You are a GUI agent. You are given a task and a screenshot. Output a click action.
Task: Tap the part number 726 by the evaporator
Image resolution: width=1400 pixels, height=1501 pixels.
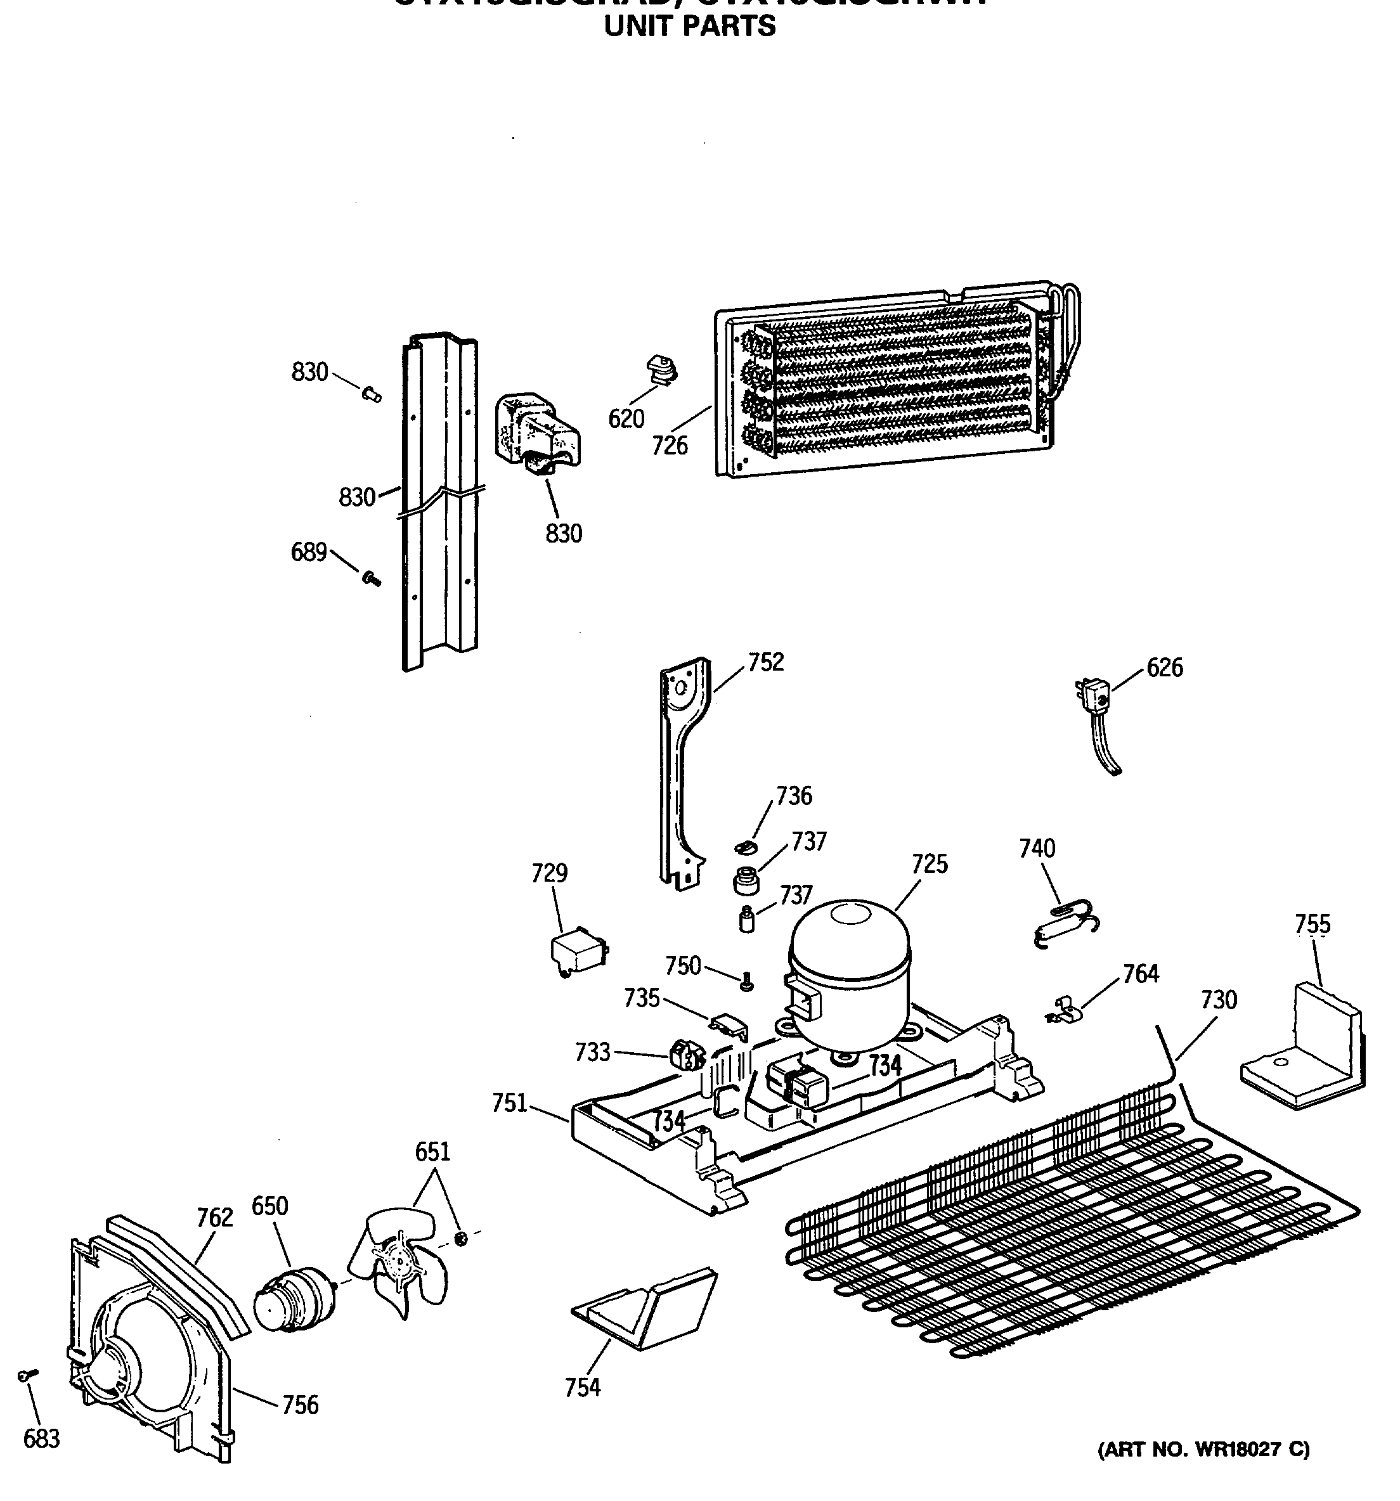click(x=670, y=446)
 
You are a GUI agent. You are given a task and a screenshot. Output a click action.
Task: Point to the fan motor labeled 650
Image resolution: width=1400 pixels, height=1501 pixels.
click(x=288, y=1298)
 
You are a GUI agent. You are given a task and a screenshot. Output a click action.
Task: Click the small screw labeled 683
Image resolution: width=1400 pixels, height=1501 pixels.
click(x=27, y=1375)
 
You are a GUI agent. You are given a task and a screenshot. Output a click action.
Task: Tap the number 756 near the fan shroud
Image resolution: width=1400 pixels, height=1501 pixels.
click(x=301, y=1405)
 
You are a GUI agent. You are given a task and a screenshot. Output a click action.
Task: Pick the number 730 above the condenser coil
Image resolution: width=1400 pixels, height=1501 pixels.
click(x=1218, y=1000)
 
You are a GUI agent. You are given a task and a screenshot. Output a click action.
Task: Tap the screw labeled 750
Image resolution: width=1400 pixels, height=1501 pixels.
click(x=746, y=982)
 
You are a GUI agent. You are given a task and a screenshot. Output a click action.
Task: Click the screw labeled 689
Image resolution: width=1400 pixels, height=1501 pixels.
click(x=371, y=579)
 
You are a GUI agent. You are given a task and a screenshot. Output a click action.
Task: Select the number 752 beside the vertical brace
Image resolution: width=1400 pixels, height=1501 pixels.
click(x=766, y=662)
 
